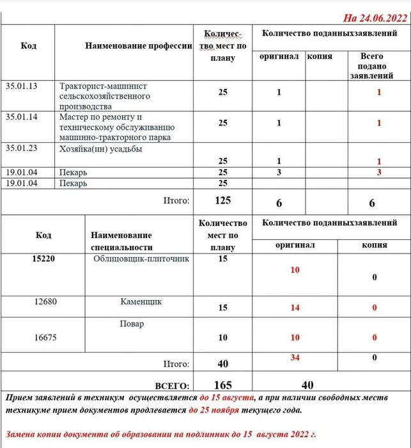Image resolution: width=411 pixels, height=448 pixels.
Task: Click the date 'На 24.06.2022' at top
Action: click(x=372, y=17)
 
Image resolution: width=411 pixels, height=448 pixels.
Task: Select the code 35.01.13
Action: click(x=21, y=85)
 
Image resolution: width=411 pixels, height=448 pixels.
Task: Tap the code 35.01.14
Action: click(x=21, y=117)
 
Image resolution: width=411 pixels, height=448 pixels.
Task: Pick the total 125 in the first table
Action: click(x=222, y=201)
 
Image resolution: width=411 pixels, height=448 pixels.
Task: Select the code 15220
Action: click(x=44, y=259)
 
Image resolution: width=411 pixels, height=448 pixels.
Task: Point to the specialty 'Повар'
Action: click(x=132, y=324)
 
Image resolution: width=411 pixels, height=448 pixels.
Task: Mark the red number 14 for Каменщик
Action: click(x=295, y=308)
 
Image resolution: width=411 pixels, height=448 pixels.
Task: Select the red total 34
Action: click(x=295, y=357)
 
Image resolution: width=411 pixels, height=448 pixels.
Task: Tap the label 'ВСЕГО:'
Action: click(x=171, y=386)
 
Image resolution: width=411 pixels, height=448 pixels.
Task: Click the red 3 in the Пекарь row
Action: click(x=378, y=173)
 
